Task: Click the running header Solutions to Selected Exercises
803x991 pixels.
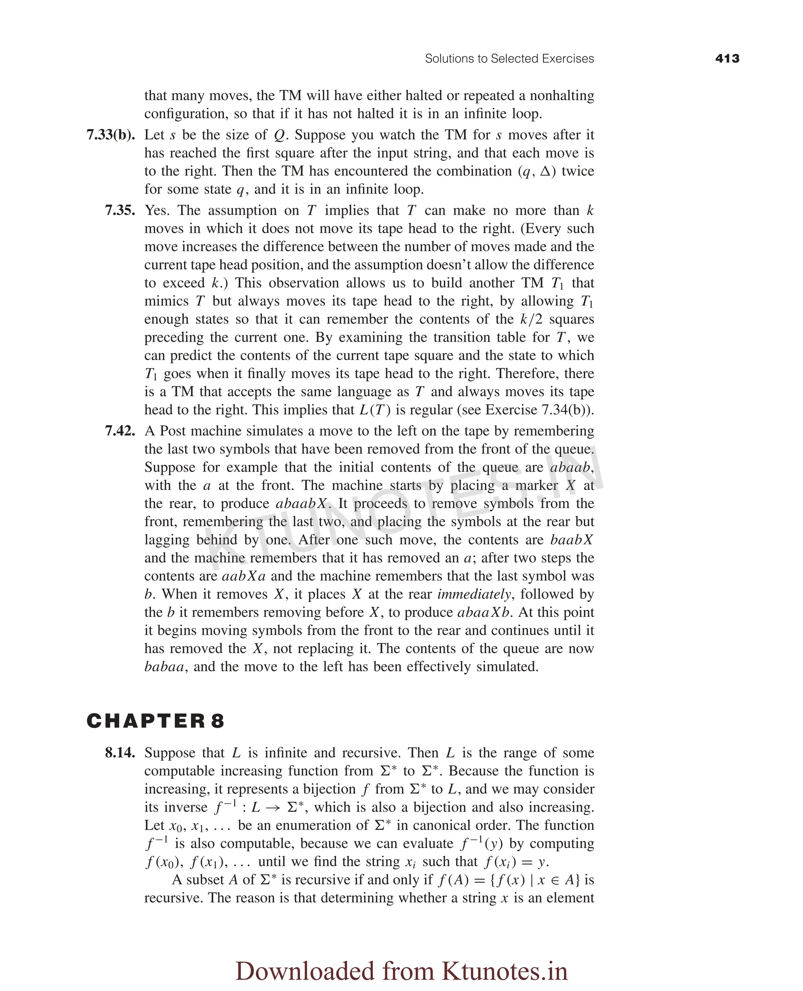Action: point(509,59)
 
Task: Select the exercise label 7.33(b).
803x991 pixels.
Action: point(111,135)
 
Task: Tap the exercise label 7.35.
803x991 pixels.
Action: point(120,210)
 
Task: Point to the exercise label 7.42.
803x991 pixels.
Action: point(120,431)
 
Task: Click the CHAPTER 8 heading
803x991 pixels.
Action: point(155,721)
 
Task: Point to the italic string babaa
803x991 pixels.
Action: point(164,667)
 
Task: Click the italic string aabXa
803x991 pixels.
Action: point(244,576)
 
